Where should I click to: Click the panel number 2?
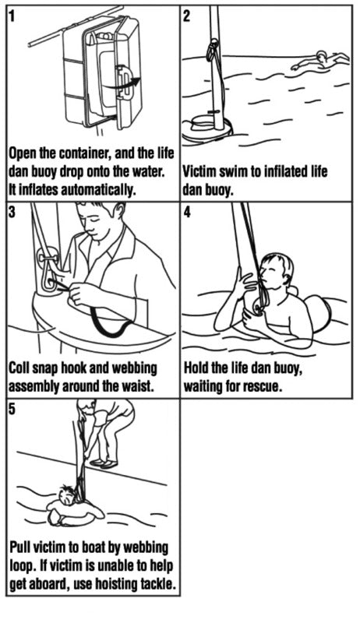pos(187,15)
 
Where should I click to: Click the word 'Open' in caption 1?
pos(26,151)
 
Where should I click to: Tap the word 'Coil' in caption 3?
pos(23,368)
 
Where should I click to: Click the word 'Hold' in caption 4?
pos(199,368)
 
